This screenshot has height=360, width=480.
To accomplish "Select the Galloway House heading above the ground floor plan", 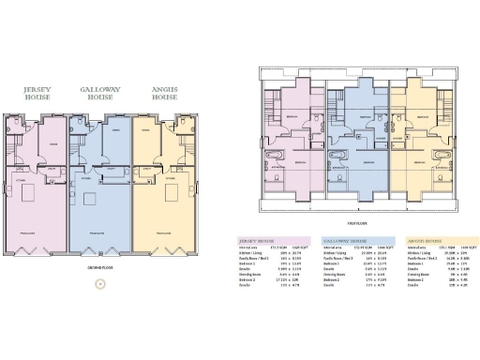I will [x=100, y=93].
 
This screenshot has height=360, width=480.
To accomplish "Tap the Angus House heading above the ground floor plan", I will [x=165, y=93].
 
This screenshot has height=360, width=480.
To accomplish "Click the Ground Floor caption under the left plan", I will [x=100, y=266].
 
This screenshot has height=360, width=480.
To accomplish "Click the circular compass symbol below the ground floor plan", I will [x=100, y=283].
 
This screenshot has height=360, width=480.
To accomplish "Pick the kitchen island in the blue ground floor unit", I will [x=92, y=198].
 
